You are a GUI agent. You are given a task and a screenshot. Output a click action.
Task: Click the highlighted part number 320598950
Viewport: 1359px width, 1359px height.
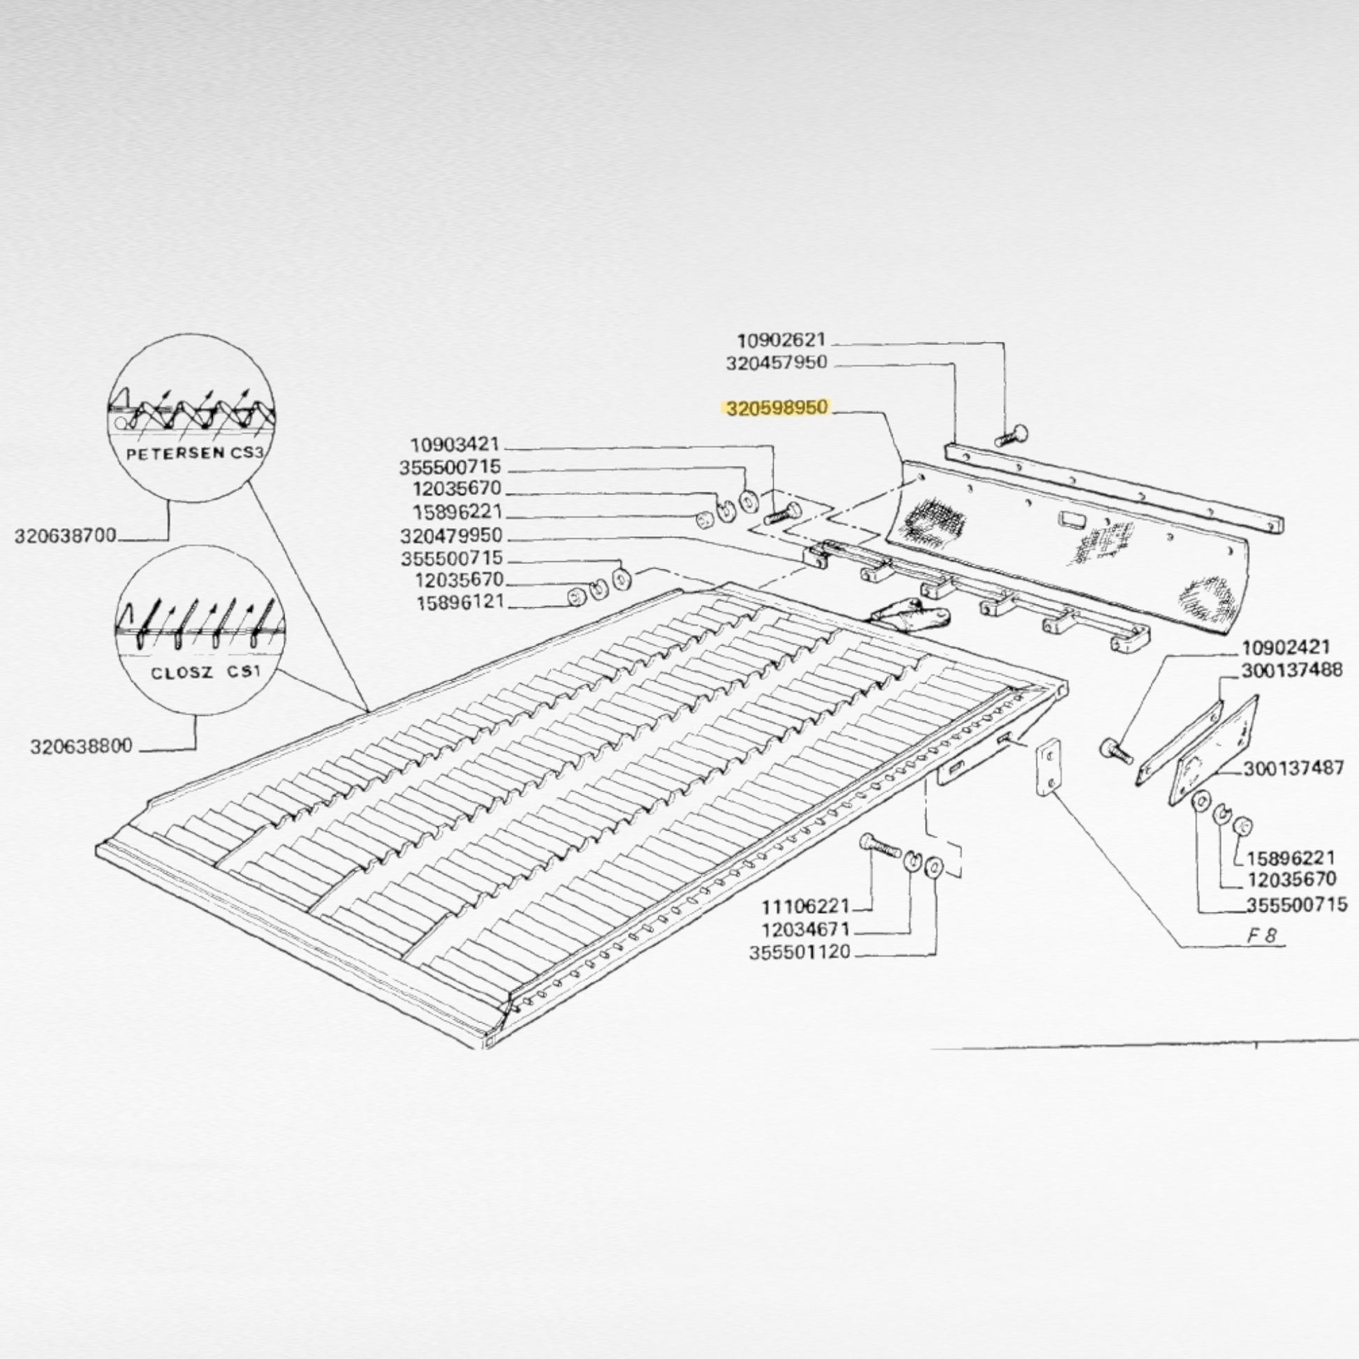[778, 409]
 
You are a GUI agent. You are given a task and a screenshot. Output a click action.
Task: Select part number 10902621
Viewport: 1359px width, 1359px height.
[781, 341]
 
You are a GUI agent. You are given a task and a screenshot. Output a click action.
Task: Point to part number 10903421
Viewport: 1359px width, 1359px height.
[455, 445]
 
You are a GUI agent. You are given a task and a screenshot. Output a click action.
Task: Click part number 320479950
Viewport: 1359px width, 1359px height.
[452, 537]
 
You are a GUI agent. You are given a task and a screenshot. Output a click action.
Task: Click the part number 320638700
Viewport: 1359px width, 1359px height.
[66, 537]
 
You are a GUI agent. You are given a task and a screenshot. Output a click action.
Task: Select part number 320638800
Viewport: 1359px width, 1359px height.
[81, 747]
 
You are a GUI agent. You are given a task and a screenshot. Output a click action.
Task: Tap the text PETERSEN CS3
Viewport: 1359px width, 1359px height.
[194, 454]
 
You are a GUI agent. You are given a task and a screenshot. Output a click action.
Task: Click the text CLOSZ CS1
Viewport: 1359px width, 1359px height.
[205, 673]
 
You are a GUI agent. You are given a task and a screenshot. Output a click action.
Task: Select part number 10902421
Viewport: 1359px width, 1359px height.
[1286, 647]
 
